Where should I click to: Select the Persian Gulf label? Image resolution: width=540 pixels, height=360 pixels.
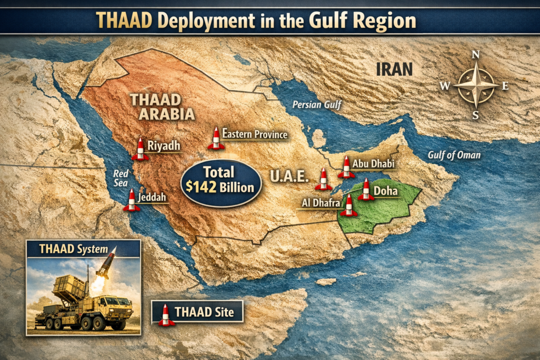[x=314, y=105]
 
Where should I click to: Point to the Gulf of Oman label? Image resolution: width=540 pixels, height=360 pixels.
[x=454, y=155]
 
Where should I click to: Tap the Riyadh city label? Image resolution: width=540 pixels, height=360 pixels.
[x=164, y=145]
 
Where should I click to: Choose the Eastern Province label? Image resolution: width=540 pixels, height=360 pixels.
[x=255, y=134]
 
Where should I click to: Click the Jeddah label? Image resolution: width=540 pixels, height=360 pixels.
[x=152, y=198]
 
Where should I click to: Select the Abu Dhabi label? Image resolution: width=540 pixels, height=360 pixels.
[x=373, y=164]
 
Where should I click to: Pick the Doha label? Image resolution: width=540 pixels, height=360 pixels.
[x=385, y=191]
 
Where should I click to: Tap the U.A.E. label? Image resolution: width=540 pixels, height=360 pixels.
[x=289, y=176]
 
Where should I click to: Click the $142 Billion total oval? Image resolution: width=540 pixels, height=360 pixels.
[x=221, y=180]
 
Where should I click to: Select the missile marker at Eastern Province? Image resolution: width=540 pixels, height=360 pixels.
[x=216, y=138]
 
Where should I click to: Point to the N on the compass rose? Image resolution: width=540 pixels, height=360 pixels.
[x=476, y=55]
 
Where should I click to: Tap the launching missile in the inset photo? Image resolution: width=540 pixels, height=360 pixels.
[x=105, y=265]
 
